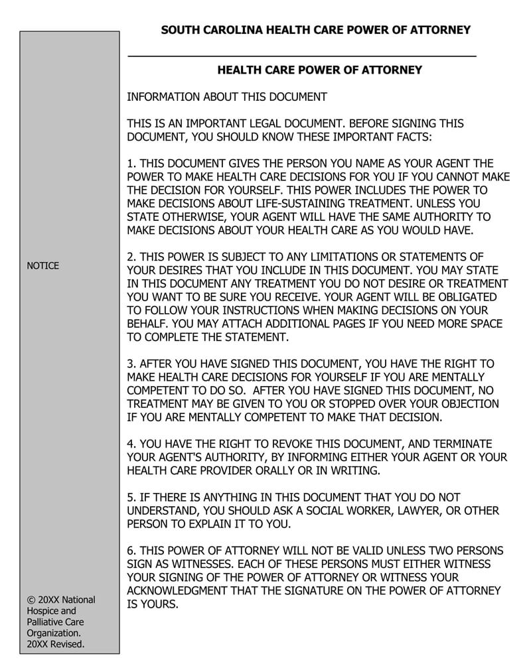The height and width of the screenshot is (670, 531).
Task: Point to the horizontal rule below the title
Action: click(x=302, y=56)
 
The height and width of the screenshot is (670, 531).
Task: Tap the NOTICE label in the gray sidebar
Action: click(x=42, y=266)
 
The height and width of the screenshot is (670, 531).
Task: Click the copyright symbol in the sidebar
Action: click(x=31, y=600)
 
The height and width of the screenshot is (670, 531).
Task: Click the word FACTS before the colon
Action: click(x=408, y=137)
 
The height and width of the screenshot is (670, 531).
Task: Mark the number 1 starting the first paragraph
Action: click(x=130, y=164)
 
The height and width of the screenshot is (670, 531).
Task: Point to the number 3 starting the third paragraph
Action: click(x=130, y=364)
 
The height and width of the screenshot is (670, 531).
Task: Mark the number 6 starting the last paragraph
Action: click(x=130, y=551)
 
